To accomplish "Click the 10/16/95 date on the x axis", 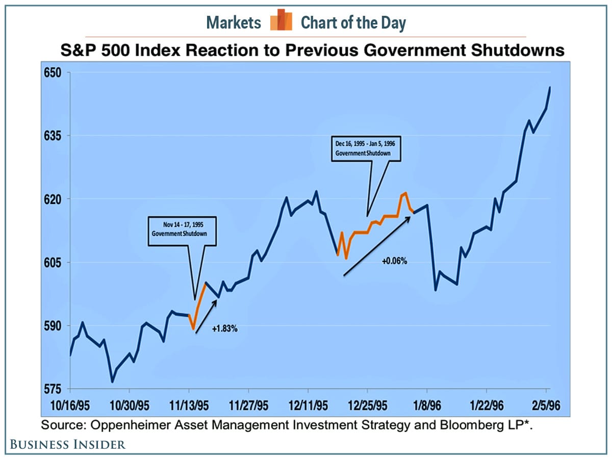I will [x=71, y=406].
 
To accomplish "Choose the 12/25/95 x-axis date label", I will [x=367, y=406].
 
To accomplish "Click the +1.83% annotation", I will [x=225, y=329].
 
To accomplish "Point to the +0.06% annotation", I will [x=394, y=261].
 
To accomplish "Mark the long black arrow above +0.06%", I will [x=377, y=245].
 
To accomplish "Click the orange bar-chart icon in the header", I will [x=281, y=20].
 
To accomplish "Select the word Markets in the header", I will [x=234, y=22].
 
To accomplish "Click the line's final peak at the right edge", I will [x=550, y=87].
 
